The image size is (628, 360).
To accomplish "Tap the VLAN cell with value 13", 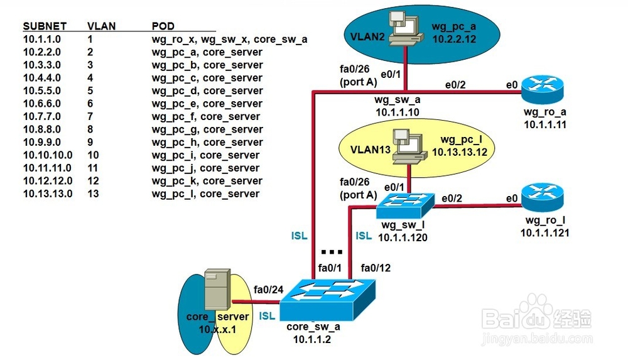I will (93, 194).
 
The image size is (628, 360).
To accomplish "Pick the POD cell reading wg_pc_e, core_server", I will (207, 104).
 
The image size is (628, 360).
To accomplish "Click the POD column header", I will (163, 26).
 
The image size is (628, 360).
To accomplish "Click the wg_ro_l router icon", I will (539, 197).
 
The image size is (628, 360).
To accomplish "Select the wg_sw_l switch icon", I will (406, 204).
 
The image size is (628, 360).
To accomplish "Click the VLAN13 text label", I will (370, 150).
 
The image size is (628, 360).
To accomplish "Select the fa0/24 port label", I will (268, 290).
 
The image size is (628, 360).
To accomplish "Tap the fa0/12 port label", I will (375, 268).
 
